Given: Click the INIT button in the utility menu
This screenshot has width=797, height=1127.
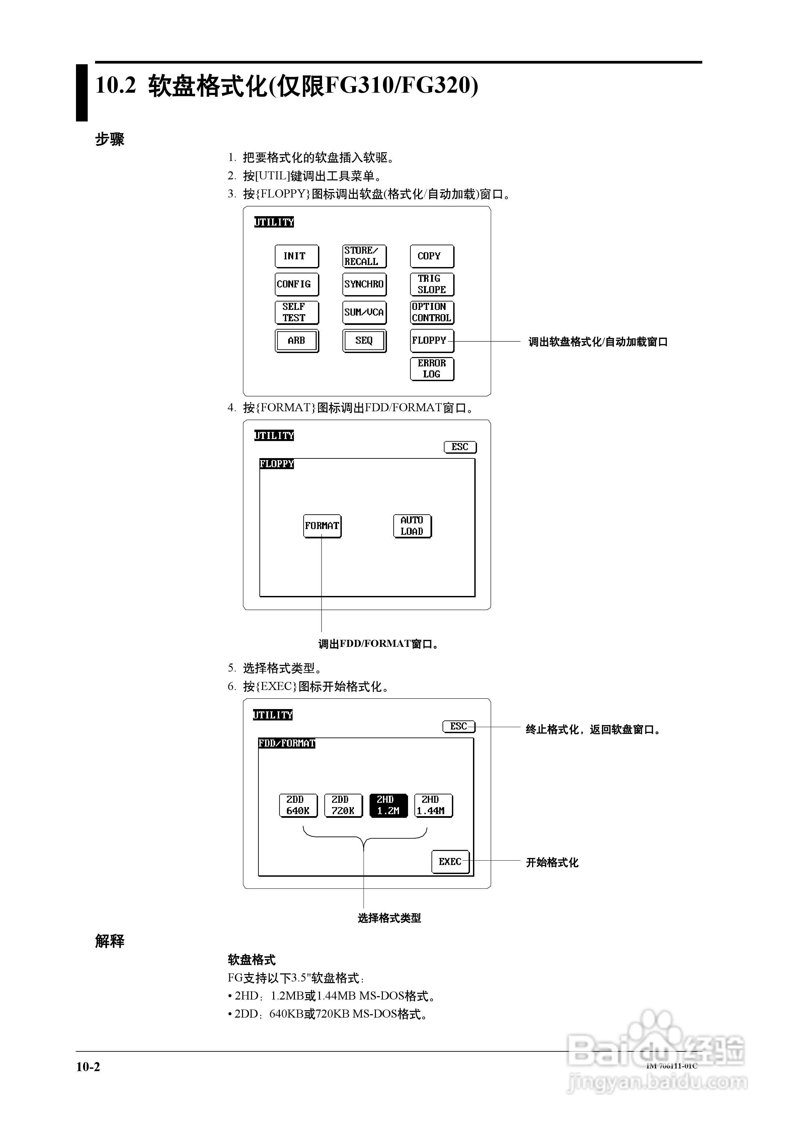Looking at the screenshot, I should point(296,256).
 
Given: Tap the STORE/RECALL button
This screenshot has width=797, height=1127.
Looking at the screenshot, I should point(364,256).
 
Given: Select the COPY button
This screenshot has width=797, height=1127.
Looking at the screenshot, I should point(432,256).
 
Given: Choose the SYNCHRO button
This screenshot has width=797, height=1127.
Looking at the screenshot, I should point(364,284).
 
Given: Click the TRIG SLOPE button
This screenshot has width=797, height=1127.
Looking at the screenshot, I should point(432,284).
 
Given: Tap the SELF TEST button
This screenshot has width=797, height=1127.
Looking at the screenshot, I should point(296,312).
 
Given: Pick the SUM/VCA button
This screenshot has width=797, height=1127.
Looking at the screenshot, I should point(364,312).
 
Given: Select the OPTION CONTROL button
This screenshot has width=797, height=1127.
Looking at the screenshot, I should point(432,312).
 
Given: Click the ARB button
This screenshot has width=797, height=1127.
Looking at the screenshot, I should point(296,340).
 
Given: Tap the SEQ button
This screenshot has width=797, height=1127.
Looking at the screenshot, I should point(364,340).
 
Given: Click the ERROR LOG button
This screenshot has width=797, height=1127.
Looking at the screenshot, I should point(432,369).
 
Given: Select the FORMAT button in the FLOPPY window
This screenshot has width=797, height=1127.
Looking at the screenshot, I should point(322,526).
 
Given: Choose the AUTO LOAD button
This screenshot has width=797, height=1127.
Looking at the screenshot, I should point(412,526).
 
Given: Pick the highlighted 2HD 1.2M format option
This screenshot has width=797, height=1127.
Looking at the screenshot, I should point(388,805).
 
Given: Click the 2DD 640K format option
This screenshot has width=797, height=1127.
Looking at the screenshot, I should point(298,805).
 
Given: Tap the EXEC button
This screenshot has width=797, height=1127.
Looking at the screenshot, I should point(450,861).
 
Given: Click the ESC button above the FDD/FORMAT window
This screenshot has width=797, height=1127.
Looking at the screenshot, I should point(459,726).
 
